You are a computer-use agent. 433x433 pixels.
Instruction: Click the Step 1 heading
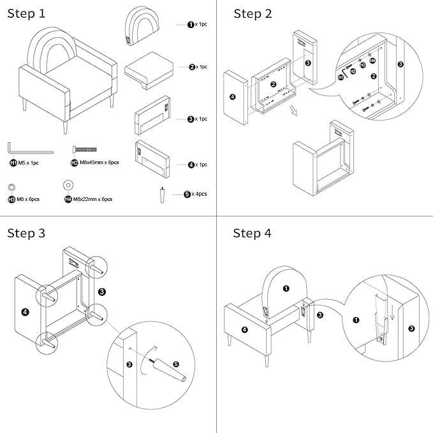[26, 13]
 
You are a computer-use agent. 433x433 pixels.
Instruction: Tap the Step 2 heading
[253, 13]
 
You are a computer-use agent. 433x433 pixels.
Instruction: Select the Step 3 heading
[26, 233]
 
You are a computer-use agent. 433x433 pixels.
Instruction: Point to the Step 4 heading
[253, 233]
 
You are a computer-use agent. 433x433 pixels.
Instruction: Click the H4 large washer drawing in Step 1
[68, 186]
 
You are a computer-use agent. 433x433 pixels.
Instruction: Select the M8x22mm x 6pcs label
[93, 200]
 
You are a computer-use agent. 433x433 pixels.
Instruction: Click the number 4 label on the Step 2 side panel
[232, 96]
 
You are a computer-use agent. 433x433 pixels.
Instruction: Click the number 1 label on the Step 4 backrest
[286, 288]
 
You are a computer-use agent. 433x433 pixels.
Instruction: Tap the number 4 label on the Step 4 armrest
[245, 330]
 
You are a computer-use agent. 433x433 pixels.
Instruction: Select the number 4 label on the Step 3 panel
[25, 312]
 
